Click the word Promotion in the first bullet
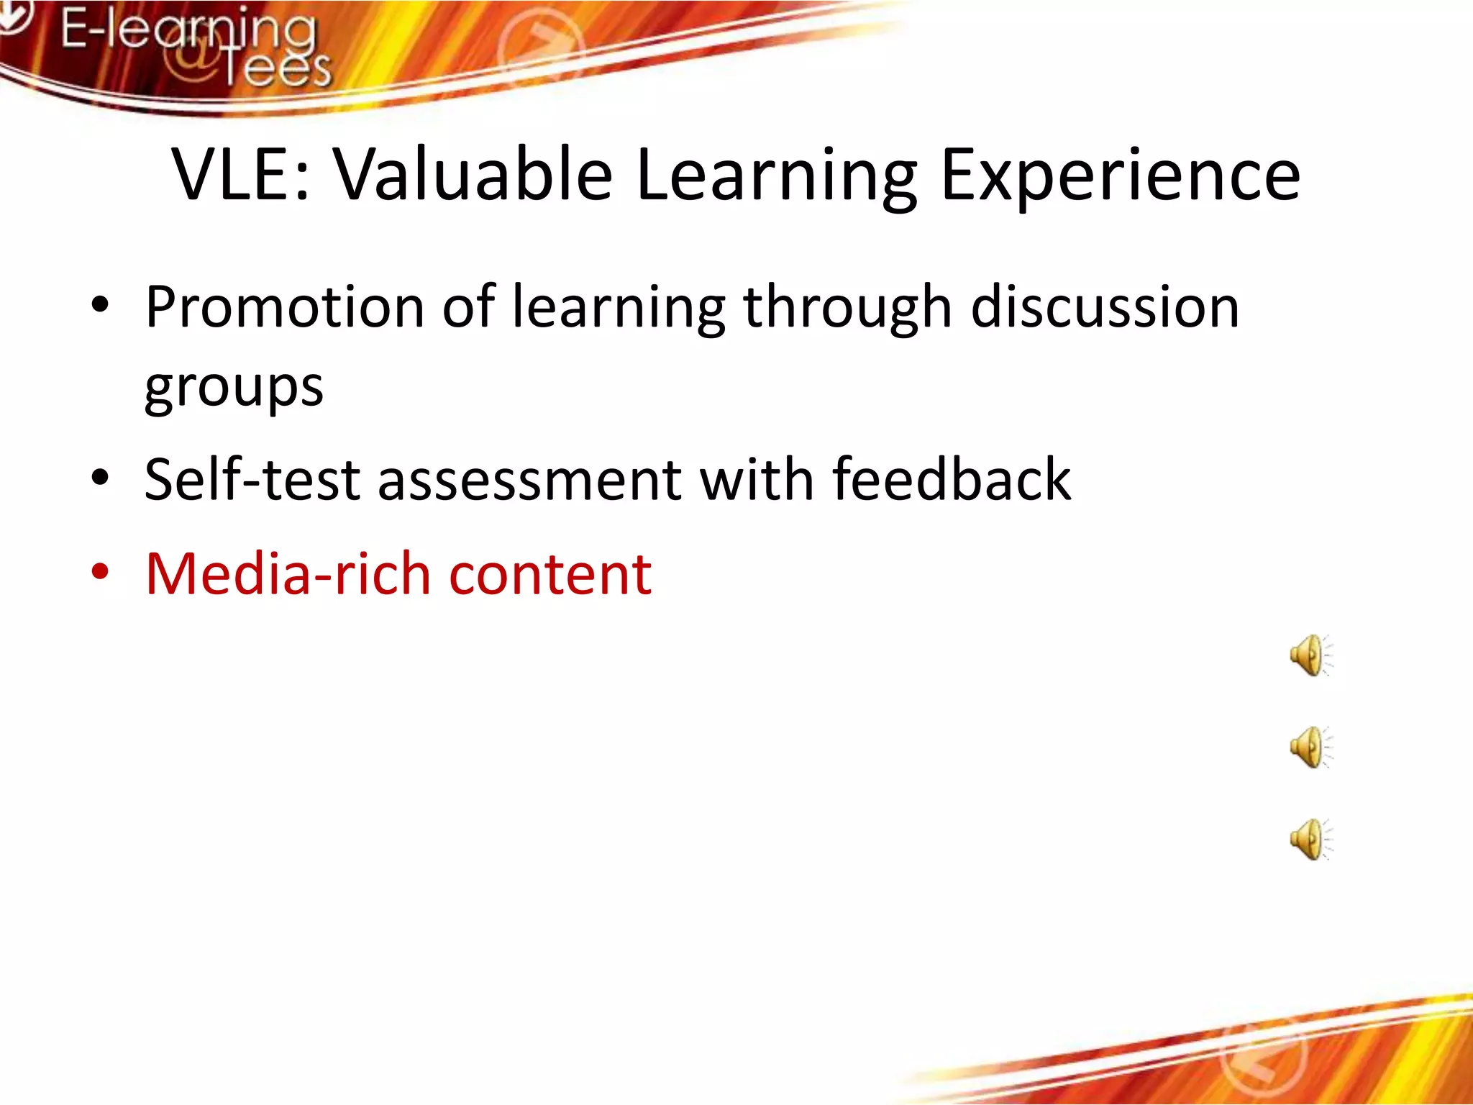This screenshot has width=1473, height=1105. [284, 307]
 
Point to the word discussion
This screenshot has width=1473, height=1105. [1105, 307]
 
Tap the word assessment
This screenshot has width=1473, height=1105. [529, 480]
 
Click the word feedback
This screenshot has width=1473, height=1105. [951, 480]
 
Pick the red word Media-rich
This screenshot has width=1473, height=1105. [288, 574]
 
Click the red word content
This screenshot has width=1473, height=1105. [550, 574]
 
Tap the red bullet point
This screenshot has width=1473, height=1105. [100, 573]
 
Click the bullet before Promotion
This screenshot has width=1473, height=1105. [100, 305]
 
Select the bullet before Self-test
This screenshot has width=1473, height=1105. [100, 478]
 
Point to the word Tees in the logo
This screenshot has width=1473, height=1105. [277, 70]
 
